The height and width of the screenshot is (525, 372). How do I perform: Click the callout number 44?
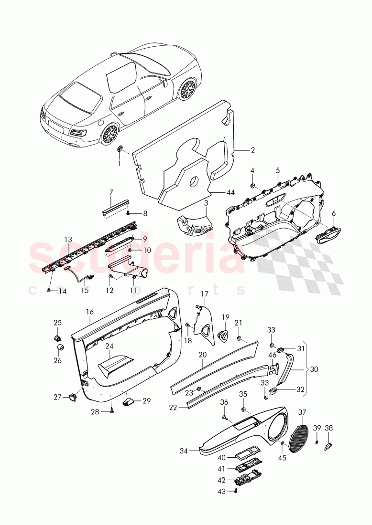tap(230, 192)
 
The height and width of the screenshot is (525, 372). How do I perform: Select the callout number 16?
tap(89, 312)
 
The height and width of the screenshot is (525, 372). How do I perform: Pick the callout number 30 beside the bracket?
tap(314, 369)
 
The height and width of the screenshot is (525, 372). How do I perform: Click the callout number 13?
tap(68, 240)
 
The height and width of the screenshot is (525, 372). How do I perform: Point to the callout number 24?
tap(109, 346)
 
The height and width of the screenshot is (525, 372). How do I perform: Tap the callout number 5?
tap(278, 170)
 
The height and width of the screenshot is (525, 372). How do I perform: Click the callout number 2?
tap(252, 150)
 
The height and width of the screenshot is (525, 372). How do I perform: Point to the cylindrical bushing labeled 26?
tap(61, 348)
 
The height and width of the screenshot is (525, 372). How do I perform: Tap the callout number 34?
tap(184, 451)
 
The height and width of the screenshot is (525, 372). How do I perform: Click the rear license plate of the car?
tap(55, 125)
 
